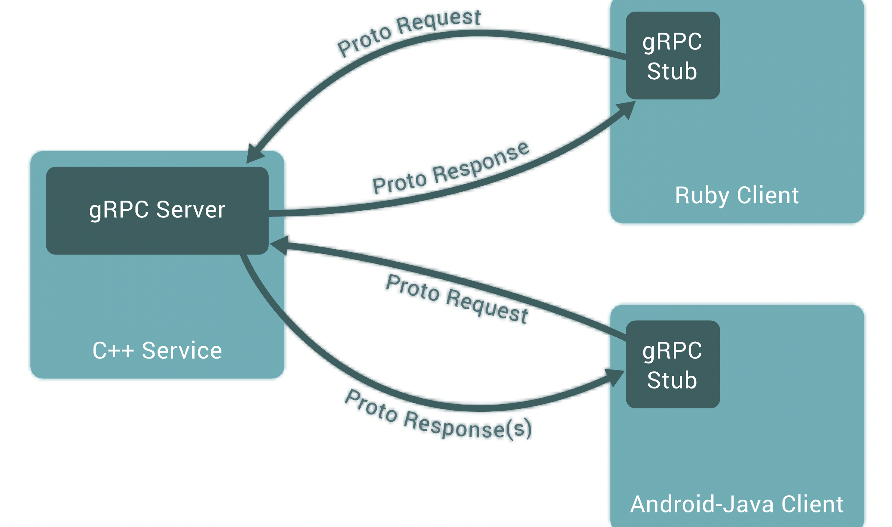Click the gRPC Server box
click(157, 210)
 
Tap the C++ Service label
click(157, 351)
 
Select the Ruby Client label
click(737, 196)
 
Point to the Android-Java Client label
click(737, 504)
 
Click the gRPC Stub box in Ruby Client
click(673, 55)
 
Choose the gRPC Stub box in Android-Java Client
click(673, 364)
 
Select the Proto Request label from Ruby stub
click(409, 33)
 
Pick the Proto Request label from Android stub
click(457, 298)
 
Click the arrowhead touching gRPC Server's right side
click(279, 246)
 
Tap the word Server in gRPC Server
click(191, 210)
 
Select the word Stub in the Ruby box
click(672, 71)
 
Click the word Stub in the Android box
click(672, 380)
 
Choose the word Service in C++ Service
click(182, 351)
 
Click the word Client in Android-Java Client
click(812, 504)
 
